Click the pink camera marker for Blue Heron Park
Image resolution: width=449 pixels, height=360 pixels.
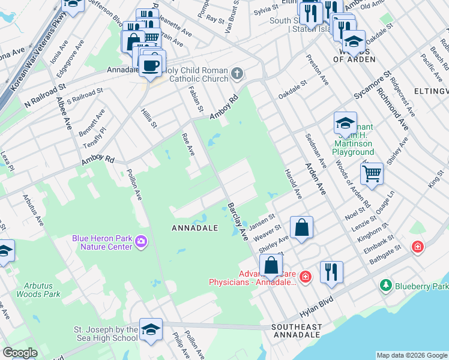(141, 241)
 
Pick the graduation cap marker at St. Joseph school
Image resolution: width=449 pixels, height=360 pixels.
(151, 329)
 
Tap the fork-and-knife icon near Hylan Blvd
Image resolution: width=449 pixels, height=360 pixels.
(331, 271)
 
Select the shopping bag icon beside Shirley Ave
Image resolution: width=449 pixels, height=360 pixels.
(301, 227)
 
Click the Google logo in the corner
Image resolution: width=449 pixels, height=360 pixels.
(20, 353)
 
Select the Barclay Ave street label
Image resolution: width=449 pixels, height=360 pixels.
(238, 222)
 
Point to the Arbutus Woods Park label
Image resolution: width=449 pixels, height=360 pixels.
(34, 290)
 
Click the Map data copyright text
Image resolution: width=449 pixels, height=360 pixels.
(411, 355)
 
